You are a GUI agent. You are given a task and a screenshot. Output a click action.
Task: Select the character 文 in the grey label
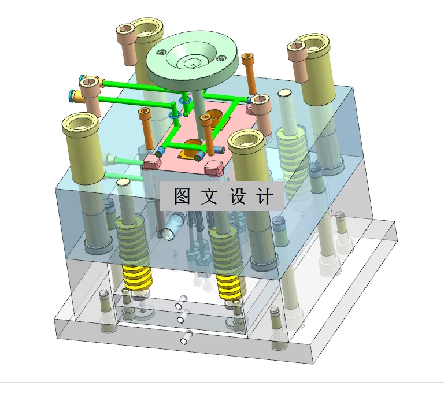[x=210, y=197]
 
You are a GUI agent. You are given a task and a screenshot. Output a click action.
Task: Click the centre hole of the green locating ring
[x=191, y=60]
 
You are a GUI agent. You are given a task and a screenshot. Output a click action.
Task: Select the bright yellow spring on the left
[x=138, y=276]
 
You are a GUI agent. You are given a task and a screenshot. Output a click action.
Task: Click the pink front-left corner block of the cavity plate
[x=153, y=163]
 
